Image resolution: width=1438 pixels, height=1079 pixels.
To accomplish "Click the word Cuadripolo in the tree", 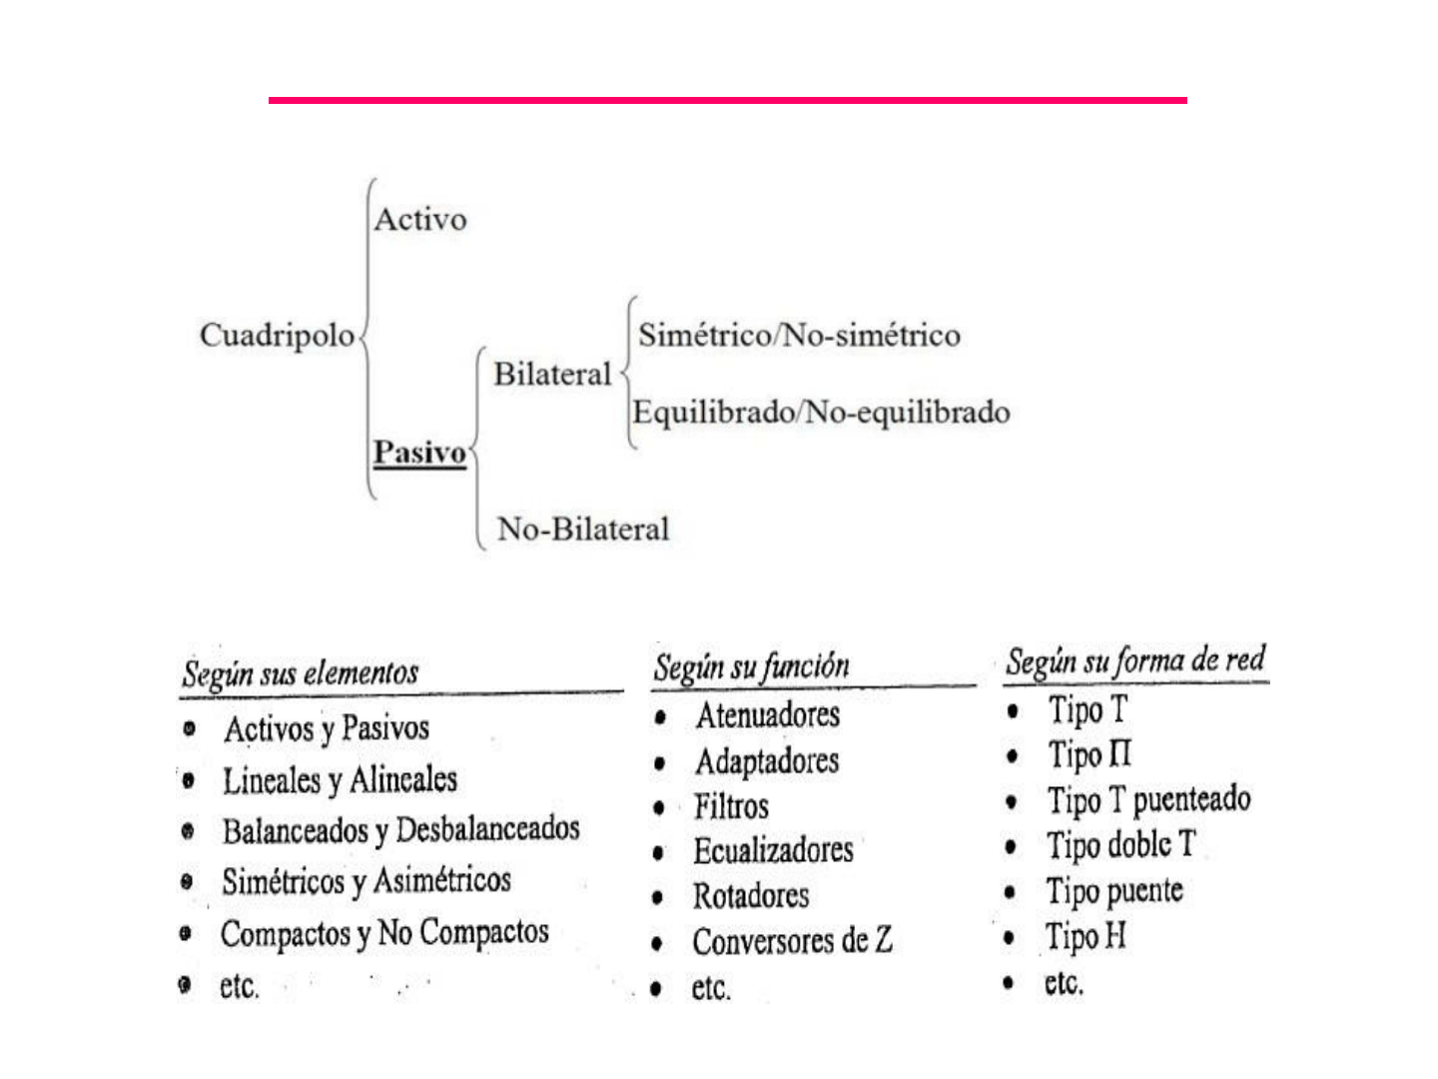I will [x=277, y=336].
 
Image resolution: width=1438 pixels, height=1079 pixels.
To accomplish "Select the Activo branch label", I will [x=420, y=220].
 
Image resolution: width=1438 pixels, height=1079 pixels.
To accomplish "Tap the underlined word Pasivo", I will [x=419, y=453].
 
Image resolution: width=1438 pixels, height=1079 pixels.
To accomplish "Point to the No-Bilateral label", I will [x=583, y=529].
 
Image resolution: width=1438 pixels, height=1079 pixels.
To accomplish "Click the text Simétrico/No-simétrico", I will [x=799, y=336].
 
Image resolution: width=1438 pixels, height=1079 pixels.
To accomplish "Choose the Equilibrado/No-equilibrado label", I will [x=821, y=413].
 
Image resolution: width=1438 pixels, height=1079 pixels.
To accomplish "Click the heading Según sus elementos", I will [x=301, y=673].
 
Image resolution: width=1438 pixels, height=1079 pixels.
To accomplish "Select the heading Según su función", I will [x=751, y=666].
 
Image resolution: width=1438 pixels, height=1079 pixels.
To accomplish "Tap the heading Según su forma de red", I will [x=1135, y=660].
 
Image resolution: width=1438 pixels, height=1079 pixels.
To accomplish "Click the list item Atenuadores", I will [x=767, y=715].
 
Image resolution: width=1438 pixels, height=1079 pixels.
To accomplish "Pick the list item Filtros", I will [x=731, y=806].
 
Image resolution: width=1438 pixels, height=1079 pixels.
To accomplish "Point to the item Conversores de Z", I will [x=792, y=941].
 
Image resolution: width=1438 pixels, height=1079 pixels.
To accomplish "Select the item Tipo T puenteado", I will [x=1148, y=800].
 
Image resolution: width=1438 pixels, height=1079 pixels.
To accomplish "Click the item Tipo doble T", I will [x=1120, y=845].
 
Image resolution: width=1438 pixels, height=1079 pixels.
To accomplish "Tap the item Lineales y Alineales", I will [x=340, y=780].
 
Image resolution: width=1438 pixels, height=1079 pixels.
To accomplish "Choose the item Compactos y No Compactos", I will [x=384, y=934].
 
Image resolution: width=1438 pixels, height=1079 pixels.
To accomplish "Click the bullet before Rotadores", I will [x=657, y=897].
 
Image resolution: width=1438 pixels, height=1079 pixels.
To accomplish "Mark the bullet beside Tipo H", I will [x=1010, y=938].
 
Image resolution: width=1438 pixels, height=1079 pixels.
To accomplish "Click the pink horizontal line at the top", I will [x=727, y=100].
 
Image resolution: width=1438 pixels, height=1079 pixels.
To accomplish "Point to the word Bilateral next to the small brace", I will [x=552, y=375].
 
